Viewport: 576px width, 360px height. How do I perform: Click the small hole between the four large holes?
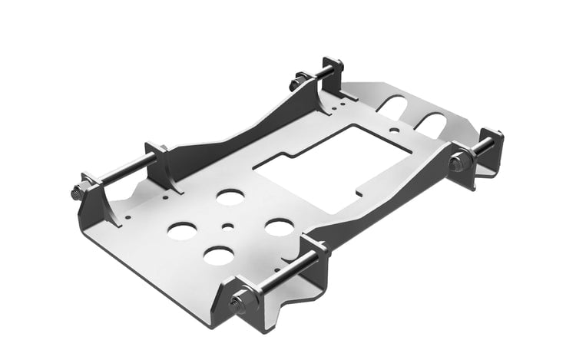pos(228,226)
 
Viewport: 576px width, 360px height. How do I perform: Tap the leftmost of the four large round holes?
pos(182,230)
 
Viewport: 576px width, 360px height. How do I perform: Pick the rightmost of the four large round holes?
pos(279,227)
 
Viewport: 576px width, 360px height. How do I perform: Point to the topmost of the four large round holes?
pos(229,197)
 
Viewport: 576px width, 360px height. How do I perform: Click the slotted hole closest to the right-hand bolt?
pos(432,122)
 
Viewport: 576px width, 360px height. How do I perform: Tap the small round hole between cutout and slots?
pos(394,130)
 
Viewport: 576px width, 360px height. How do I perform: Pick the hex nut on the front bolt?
pos(239,302)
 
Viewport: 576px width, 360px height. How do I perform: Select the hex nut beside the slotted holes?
pos(458,162)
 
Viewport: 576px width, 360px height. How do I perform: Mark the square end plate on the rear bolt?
pos(333,73)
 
